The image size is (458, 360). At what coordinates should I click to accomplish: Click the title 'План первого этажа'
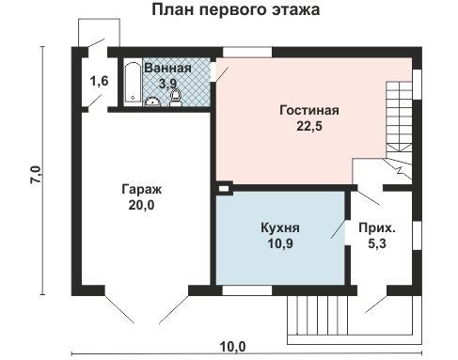pyautogui.click(x=236, y=9)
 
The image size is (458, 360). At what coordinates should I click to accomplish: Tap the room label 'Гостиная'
pyautogui.click(x=309, y=111)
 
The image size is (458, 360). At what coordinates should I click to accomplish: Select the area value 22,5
pyautogui.click(x=309, y=126)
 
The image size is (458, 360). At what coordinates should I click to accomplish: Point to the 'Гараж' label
pyautogui.click(x=141, y=190)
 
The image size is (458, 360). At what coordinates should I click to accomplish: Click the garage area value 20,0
pyautogui.click(x=141, y=205)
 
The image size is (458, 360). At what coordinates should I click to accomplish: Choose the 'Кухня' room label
pyautogui.click(x=280, y=227)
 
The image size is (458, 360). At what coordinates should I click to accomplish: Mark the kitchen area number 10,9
pyautogui.click(x=280, y=243)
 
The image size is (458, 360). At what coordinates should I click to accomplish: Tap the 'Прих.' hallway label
pyautogui.click(x=377, y=228)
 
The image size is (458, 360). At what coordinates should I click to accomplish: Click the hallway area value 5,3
pyautogui.click(x=377, y=243)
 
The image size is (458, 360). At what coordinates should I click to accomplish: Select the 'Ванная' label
pyautogui.click(x=167, y=68)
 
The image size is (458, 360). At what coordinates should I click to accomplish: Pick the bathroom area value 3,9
pyautogui.click(x=167, y=84)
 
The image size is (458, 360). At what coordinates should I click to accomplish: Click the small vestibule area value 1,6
pyautogui.click(x=99, y=81)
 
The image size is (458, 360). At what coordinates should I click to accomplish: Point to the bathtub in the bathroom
pyautogui.click(x=133, y=84)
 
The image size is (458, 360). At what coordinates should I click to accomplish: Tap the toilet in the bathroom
pyautogui.click(x=176, y=98)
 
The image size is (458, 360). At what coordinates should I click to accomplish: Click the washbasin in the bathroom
pyautogui.click(x=152, y=102)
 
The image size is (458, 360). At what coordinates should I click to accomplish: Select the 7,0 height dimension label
pyautogui.click(x=36, y=175)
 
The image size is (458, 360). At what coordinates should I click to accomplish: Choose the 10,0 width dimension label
pyautogui.click(x=232, y=347)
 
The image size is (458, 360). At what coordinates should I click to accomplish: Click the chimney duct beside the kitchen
pyautogui.click(x=224, y=188)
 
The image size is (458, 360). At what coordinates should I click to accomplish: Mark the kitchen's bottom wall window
pyautogui.click(x=247, y=290)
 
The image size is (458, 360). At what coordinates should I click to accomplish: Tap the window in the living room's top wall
pyautogui.click(x=247, y=52)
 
